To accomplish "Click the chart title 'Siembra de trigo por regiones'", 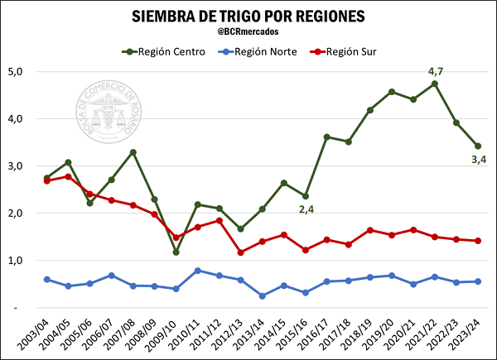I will [x=248, y=17].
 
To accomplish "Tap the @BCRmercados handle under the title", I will [x=248, y=31].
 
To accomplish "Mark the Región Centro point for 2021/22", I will [x=435, y=84].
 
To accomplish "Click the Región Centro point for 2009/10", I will [x=176, y=252].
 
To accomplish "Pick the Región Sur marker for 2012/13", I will [x=240, y=252].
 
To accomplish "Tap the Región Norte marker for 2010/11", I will [x=197, y=271].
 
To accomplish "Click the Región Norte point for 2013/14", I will [x=262, y=295].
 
